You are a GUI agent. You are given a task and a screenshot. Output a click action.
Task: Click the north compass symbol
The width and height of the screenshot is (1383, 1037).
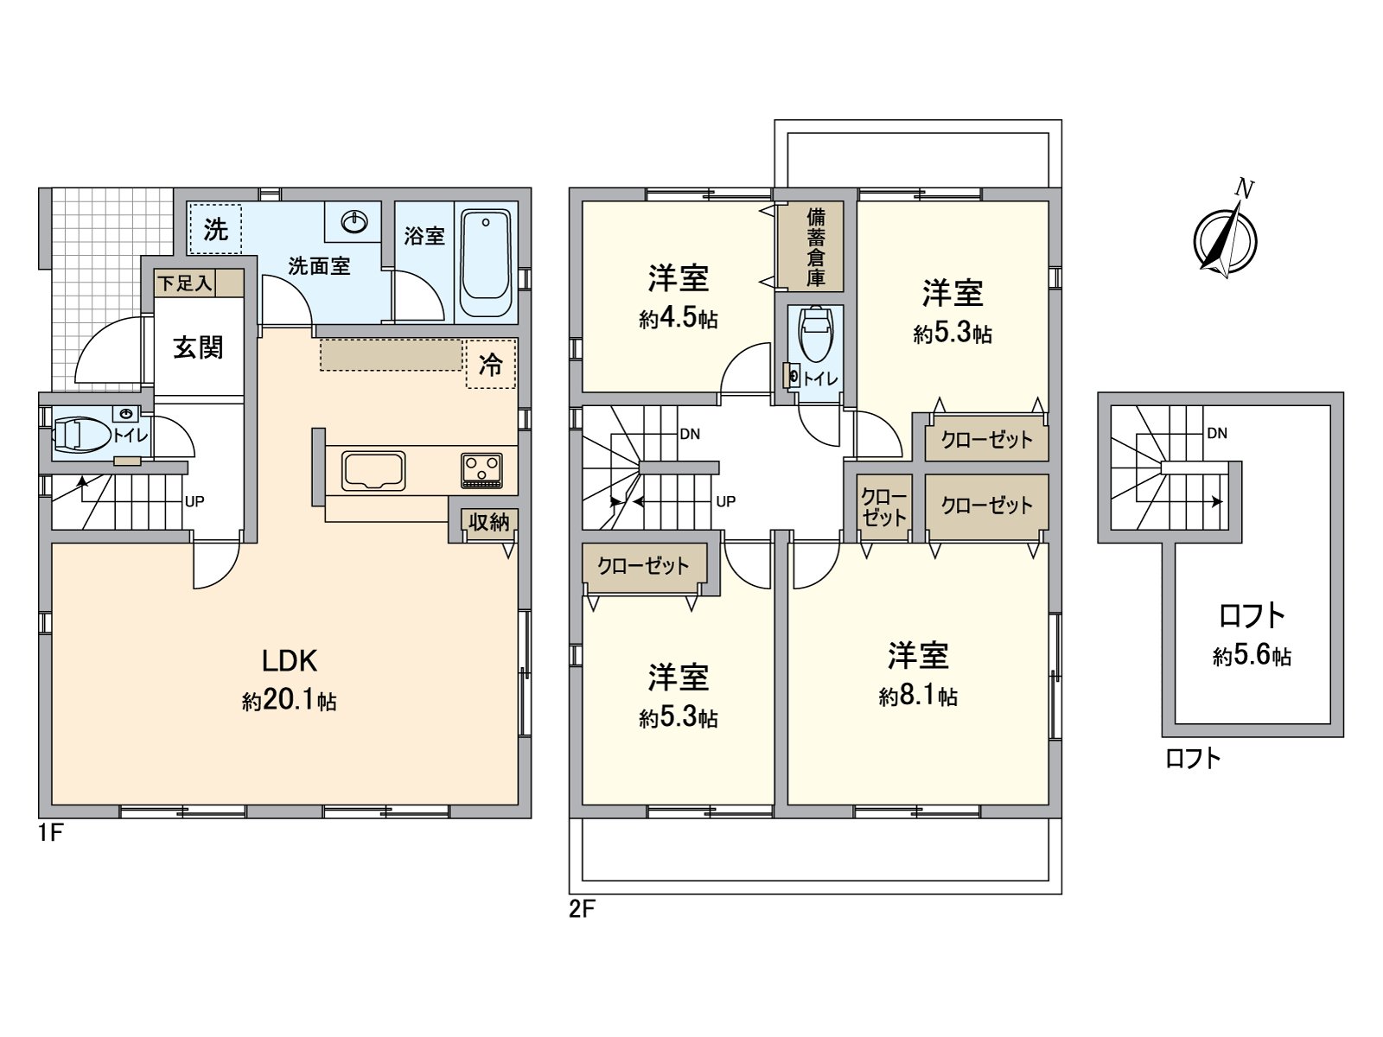point(1226,239)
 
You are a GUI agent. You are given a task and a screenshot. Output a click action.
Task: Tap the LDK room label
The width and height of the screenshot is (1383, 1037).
point(290,661)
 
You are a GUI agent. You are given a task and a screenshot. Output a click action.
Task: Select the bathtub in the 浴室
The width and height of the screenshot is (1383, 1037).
point(485,264)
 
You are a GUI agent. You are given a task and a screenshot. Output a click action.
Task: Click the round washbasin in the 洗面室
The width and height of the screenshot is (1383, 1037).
point(355,221)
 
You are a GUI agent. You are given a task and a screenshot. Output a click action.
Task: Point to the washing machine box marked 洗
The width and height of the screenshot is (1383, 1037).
point(215,229)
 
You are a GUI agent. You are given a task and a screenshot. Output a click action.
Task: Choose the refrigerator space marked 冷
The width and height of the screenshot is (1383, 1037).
point(491,364)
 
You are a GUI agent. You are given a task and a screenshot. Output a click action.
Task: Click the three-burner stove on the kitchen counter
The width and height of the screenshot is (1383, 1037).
point(482,470)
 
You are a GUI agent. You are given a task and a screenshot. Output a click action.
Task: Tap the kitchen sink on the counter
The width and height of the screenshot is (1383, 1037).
point(373,470)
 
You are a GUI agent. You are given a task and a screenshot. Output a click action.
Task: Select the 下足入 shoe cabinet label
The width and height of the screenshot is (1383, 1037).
point(184,283)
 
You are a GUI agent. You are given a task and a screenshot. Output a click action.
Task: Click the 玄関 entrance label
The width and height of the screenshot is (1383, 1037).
point(199,347)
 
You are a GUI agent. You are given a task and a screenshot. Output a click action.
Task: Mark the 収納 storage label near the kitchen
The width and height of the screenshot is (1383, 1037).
point(489,521)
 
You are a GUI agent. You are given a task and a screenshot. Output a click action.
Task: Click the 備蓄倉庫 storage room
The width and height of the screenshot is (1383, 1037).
point(815,246)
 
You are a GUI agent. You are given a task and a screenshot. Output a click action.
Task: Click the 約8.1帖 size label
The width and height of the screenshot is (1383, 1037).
point(918,697)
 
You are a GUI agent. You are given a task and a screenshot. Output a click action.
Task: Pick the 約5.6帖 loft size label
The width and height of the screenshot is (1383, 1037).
point(1252,657)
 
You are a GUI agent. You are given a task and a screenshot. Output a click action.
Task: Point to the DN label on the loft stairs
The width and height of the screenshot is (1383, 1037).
point(1217,433)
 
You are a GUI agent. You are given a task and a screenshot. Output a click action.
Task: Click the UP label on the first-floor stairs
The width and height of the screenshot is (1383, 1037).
point(194,502)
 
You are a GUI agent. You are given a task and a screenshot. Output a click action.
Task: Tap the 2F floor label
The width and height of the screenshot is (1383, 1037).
point(582,909)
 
